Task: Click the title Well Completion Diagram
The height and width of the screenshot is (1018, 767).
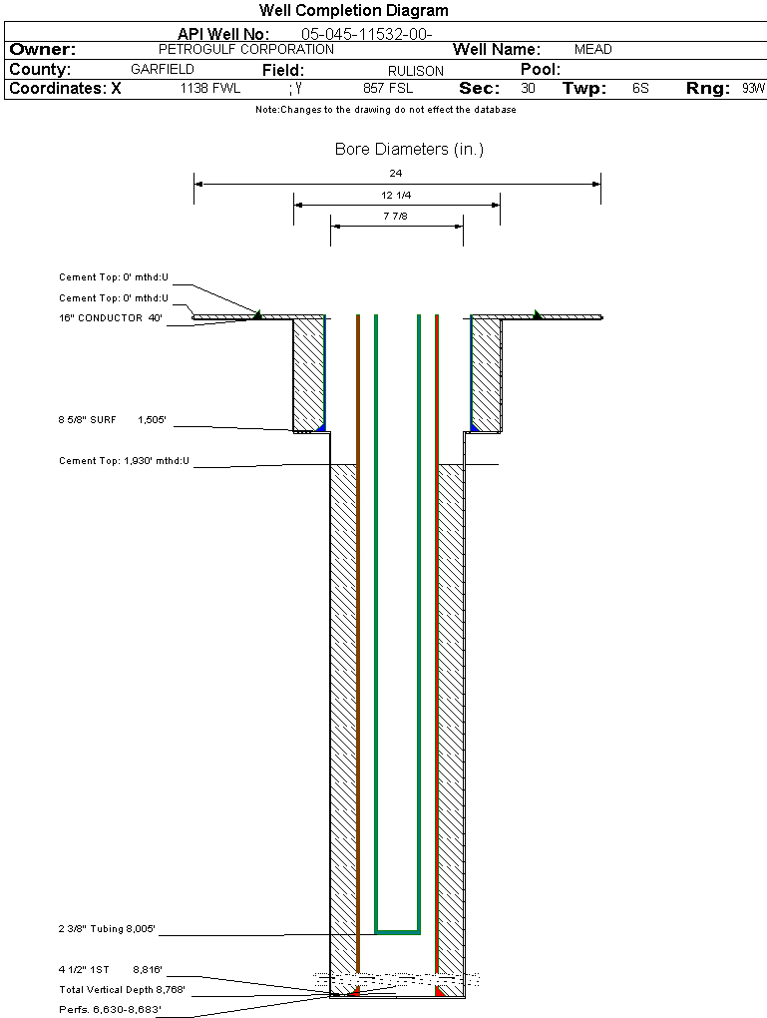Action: pos(353,11)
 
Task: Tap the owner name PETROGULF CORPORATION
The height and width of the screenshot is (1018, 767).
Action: pos(246,49)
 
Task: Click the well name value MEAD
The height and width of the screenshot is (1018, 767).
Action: pos(593,49)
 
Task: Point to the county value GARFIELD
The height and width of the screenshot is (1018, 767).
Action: pos(163,70)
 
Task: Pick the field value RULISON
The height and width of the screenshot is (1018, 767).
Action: pos(416,71)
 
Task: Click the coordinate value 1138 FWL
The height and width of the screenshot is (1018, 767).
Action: pos(209,88)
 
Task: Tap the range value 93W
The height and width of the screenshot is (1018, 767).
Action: pos(753,88)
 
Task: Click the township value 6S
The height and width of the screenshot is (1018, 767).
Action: pos(640,88)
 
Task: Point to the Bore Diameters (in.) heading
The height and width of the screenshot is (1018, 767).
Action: pos(409,150)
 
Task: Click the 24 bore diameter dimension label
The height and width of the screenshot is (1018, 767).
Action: pos(396,174)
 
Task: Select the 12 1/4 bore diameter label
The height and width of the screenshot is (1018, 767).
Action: pos(396,195)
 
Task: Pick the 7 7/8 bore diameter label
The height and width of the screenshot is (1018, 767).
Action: pos(396,216)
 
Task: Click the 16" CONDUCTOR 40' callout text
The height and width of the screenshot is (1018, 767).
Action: pos(111,318)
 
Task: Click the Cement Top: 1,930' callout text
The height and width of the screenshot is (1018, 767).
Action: pos(124,461)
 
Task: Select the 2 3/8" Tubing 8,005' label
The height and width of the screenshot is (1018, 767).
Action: pos(107,929)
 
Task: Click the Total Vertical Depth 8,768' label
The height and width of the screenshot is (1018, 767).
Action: pos(122,990)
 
